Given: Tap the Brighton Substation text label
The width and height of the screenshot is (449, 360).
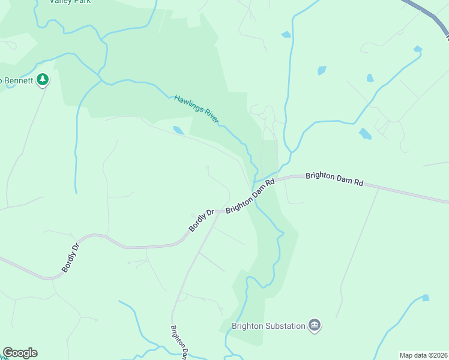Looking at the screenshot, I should click(x=269, y=326).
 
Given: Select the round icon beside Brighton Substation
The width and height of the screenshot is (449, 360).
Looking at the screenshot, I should click(x=315, y=326).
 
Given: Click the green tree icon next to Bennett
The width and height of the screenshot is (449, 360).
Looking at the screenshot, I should click(x=42, y=79).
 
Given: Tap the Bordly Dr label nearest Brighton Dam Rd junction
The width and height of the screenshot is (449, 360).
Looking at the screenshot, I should click(x=202, y=220).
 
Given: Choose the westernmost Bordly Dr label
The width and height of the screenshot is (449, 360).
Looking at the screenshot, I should click(x=70, y=257).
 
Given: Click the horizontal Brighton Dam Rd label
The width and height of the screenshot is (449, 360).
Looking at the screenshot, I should click(x=334, y=179).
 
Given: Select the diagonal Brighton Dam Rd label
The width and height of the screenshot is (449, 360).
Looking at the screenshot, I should click(x=250, y=196).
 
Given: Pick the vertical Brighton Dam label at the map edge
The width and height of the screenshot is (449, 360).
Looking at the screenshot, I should click(x=179, y=343).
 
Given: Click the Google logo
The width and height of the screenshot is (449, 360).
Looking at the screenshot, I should click(x=20, y=353).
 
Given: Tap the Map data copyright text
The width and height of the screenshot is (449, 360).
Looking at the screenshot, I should click(x=424, y=355).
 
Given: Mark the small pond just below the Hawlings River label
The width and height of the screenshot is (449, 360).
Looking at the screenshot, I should click(x=178, y=130).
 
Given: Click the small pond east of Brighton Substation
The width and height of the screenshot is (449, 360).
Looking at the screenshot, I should click(x=426, y=298).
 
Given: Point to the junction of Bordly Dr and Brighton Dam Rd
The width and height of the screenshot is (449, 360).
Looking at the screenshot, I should click(x=217, y=211).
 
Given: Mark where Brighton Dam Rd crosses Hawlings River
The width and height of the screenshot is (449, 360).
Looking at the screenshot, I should click(x=255, y=183).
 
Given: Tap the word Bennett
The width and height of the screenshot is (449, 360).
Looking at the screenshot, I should click(x=16, y=80).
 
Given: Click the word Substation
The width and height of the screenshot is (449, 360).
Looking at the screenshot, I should click(x=286, y=326).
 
